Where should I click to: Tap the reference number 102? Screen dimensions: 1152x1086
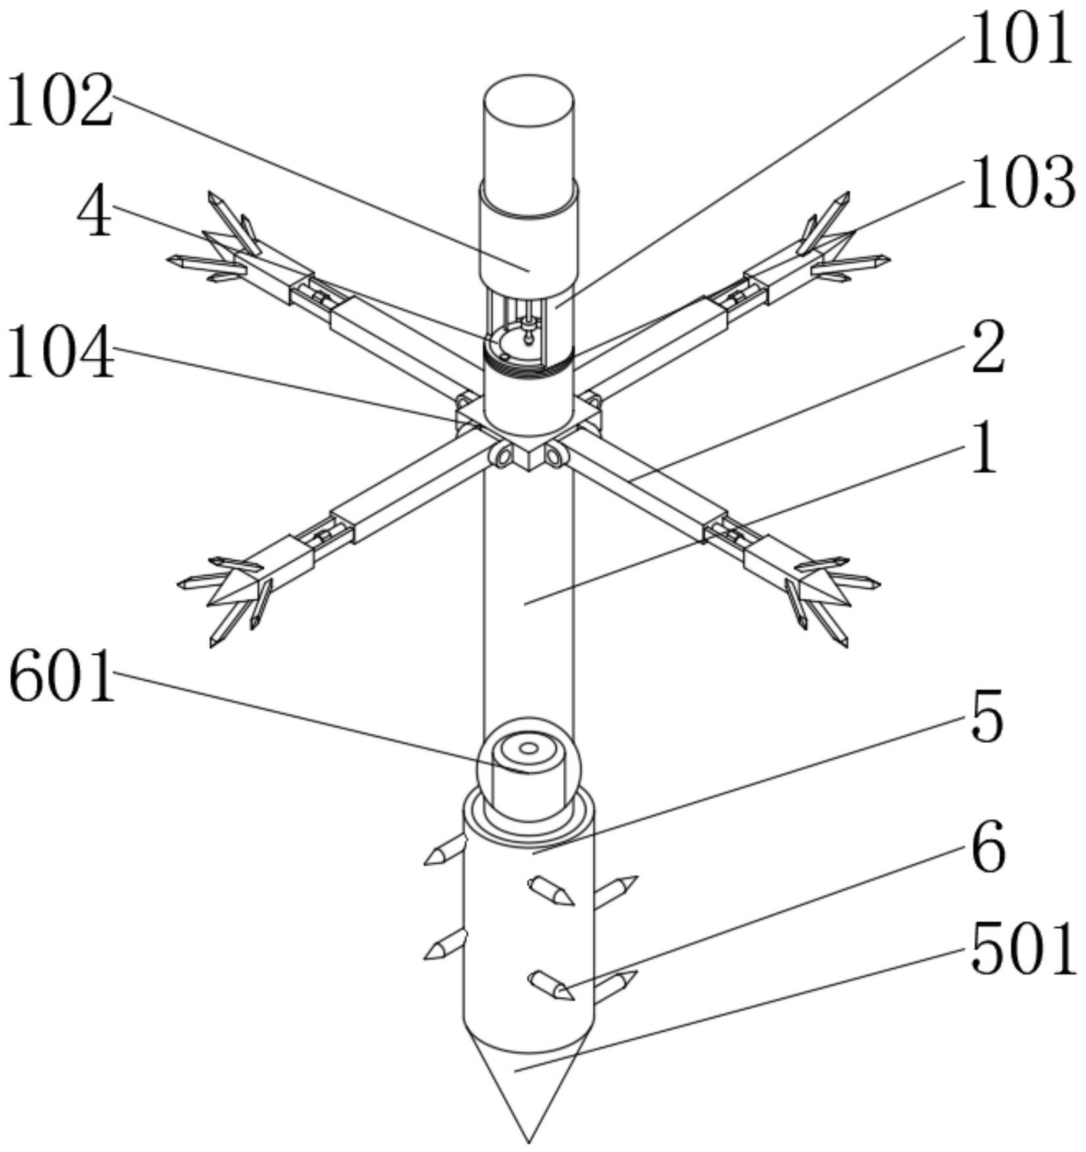pyautogui.click(x=61, y=101)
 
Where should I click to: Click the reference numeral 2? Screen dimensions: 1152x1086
pyautogui.click(x=987, y=347)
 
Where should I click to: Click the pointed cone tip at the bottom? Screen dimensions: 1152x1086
pyautogui.click(x=528, y=1135)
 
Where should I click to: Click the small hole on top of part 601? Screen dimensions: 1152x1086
pyautogui.click(x=528, y=747)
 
